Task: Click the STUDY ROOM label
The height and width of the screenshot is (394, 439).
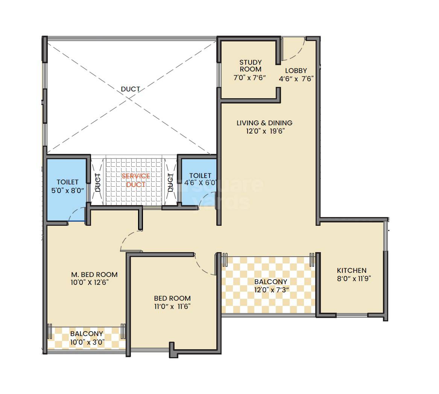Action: (250, 65)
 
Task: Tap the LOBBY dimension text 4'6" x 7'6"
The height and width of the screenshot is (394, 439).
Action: (296, 79)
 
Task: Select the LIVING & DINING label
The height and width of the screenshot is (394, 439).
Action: (264, 123)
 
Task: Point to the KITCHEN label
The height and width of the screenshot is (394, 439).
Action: (351, 270)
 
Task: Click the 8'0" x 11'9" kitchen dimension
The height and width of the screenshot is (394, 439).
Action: (351, 279)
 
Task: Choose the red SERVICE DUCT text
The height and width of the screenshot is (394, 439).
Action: (135, 180)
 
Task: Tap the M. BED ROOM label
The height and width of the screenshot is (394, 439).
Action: (94, 274)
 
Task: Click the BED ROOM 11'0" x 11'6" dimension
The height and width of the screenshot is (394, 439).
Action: (172, 306)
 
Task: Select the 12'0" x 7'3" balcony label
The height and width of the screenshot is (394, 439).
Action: (270, 290)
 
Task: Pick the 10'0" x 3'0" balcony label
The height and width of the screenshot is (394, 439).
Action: (87, 342)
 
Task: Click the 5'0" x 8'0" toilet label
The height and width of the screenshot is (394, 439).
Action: (68, 190)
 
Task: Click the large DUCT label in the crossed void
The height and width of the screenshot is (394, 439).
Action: (131, 89)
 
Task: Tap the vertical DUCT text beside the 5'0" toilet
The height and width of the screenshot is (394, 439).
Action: (98, 183)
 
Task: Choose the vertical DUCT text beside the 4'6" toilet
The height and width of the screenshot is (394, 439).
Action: (170, 183)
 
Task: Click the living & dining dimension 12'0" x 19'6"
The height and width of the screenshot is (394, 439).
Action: (264, 131)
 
